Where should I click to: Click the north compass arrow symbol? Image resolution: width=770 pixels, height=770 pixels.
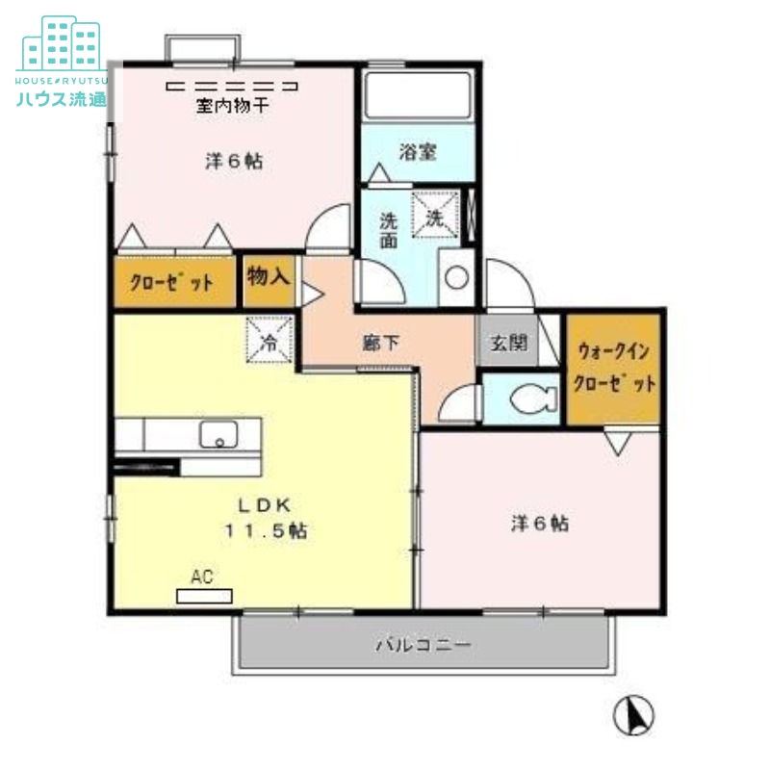633,713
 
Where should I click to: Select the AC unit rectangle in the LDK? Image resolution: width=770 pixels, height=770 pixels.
205,595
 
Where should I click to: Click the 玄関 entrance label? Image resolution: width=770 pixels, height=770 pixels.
509,342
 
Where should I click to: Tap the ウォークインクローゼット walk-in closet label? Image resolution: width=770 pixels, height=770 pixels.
614,368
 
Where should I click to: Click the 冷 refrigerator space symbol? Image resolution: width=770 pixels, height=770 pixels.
269,341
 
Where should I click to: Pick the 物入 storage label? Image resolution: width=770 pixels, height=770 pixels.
269,277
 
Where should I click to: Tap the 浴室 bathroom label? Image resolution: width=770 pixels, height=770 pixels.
419,152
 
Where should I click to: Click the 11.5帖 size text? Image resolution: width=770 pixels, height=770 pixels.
268,530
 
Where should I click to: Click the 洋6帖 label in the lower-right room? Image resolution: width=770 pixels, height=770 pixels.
539,524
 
